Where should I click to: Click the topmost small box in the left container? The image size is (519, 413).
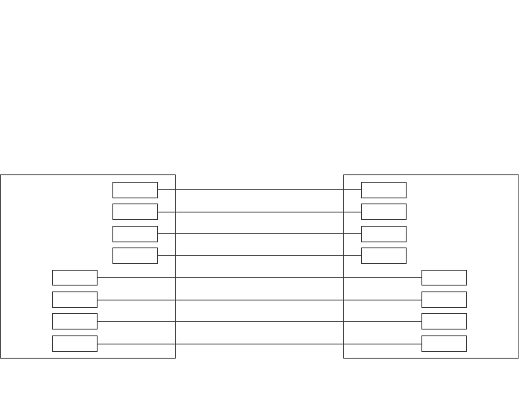(135, 189)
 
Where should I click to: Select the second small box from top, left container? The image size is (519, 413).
(135, 212)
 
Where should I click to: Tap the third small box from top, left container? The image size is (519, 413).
(135, 233)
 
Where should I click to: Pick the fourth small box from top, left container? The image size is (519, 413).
(135, 256)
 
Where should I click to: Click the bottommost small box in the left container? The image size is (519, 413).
(74, 344)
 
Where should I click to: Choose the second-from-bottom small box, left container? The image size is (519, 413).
(74, 321)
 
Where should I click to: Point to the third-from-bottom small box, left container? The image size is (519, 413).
(74, 300)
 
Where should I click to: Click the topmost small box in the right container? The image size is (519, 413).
(383, 189)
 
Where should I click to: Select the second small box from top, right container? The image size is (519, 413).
(383, 212)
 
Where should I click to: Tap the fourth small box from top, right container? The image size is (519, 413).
(383, 256)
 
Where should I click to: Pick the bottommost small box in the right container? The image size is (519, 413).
(444, 344)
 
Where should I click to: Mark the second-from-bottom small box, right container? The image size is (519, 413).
(444, 321)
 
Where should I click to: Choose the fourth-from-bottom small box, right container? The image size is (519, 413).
(444, 277)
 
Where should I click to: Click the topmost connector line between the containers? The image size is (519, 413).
(259, 189)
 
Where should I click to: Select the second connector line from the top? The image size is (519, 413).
(259, 212)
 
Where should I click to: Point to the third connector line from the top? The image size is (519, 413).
(259, 233)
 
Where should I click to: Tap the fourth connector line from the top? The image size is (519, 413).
(259, 256)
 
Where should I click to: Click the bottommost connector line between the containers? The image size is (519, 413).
(259, 344)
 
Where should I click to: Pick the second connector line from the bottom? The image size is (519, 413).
(259, 321)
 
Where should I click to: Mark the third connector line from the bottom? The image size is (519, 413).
(259, 300)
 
